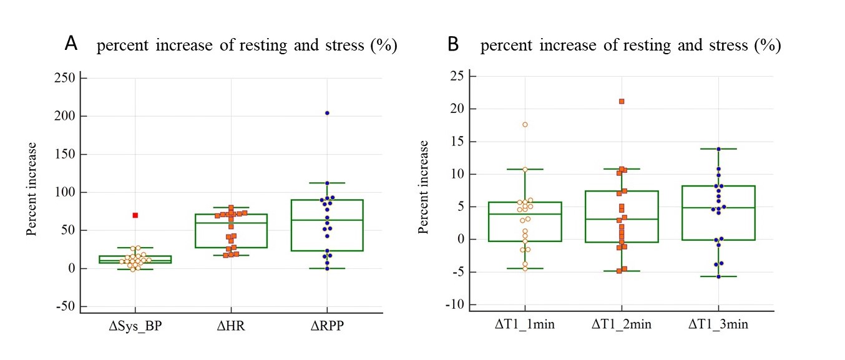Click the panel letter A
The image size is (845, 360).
[x=72, y=44]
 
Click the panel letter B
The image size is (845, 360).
[x=454, y=45]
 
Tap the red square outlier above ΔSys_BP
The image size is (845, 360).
[x=135, y=215]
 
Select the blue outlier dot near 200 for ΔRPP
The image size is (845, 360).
[x=327, y=113]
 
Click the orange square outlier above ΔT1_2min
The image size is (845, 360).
[x=622, y=101]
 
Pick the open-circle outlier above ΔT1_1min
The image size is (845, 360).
[x=525, y=125]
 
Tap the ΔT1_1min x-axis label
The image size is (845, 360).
[x=525, y=324]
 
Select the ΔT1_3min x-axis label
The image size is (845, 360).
[x=718, y=324]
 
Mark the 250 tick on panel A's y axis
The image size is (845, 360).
[x=64, y=78]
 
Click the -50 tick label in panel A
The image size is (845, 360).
[x=64, y=306]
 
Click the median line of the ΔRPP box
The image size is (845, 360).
[x=327, y=220]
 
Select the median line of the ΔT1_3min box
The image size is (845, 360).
[x=718, y=207]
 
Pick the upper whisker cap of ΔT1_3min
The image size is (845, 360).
[x=718, y=148]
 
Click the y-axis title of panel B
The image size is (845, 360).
[x=424, y=187]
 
